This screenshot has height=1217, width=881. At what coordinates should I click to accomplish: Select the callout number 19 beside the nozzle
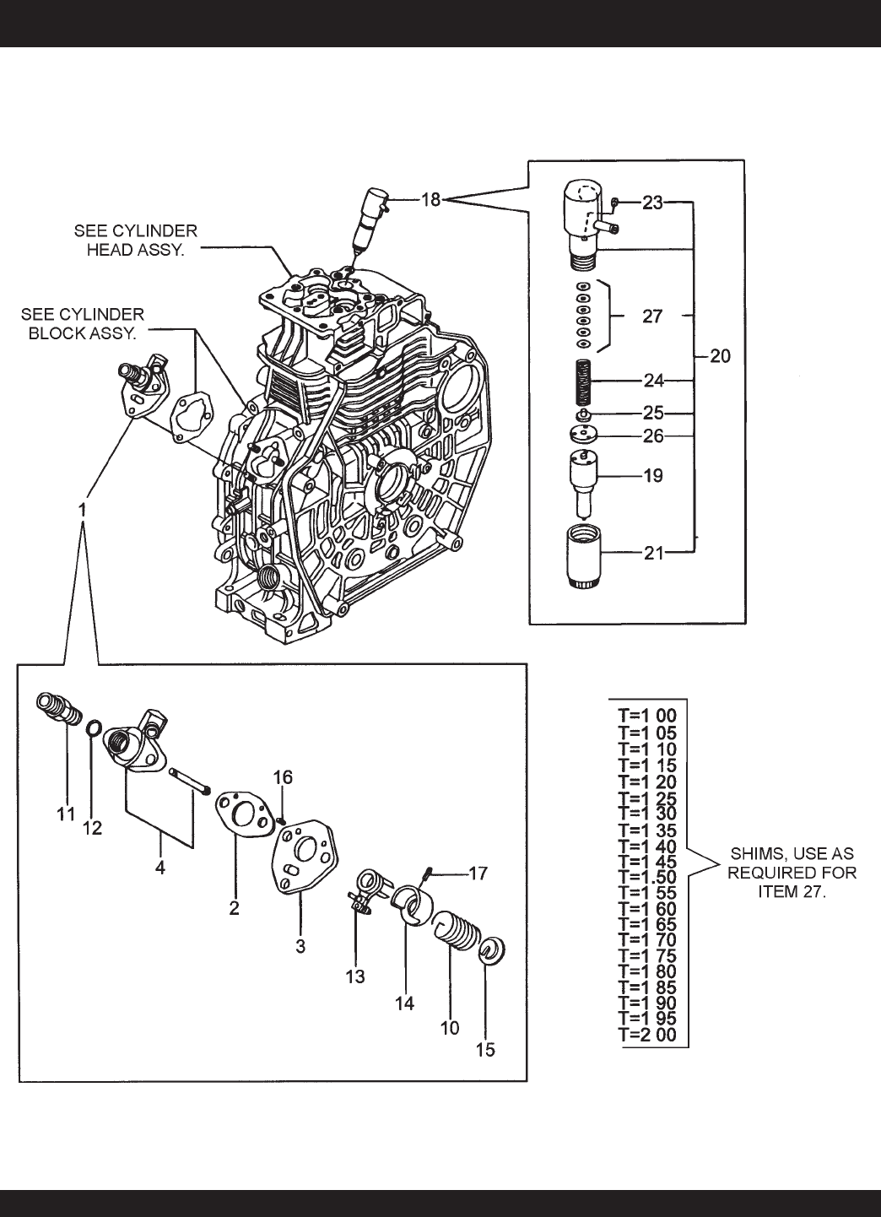(x=652, y=476)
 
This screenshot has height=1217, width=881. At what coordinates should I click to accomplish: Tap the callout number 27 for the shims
(x=651, y=316)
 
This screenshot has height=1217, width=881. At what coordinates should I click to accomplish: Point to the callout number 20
(x=720, y=356)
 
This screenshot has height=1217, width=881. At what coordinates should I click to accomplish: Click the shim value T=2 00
(x=647, y=1036)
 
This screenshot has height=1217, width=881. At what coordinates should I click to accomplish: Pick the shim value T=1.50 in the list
(x=647, y=876)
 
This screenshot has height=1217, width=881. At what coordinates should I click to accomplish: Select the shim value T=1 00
(x=647, y=717)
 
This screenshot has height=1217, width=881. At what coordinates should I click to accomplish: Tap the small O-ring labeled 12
(x=96, y=727)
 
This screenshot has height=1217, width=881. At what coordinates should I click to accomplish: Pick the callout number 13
(x=355, y=976)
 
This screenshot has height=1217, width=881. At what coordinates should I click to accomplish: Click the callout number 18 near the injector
(x=431, y=201)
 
